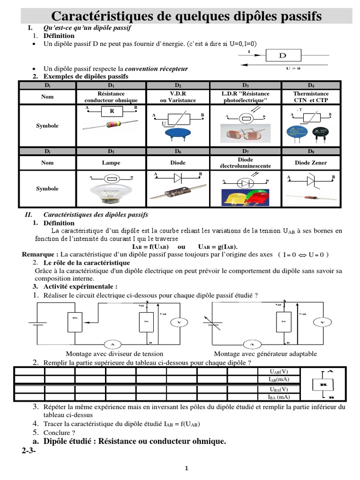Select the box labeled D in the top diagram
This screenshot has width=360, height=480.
(282, 56)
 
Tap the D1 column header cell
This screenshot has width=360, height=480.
(111, 85)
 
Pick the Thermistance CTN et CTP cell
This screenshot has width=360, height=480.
(311, 97)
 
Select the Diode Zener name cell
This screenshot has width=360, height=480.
(311, 163)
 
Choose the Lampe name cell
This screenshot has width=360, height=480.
(111, 163)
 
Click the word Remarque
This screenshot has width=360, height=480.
(39, 255)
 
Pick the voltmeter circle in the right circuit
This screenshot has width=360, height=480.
(322, 322)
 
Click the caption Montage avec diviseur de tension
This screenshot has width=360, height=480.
(114, 354)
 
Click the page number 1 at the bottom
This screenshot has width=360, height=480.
(186, 468)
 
